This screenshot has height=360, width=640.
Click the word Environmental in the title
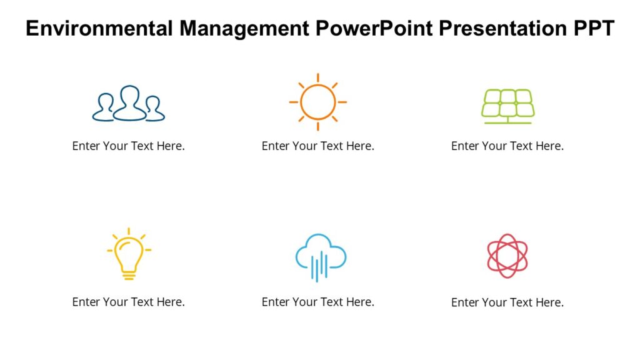tap(100, 29)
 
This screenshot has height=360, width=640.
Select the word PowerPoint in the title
tap(374, 29)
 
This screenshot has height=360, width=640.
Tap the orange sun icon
tap(317, 102)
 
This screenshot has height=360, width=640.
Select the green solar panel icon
tap(507, 105)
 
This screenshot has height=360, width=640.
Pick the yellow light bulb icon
tap(129, 253)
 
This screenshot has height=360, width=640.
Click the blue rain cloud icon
tap(321, 256)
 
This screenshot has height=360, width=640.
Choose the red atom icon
tap(507, 256)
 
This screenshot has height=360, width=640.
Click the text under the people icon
tap(129, 146)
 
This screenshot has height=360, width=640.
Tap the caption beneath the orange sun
tap(317, 146)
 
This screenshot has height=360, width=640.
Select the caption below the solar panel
tap(507, 146)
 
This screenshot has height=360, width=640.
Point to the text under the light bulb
tap(129, 302)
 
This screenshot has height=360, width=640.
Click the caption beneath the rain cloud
tap(317, 302)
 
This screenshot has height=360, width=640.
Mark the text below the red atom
tap(507, 303)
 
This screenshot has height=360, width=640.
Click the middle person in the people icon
tap(129, 100)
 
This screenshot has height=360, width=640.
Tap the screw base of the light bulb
tap(129, 274)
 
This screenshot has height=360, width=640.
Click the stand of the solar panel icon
tap(507, 121)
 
